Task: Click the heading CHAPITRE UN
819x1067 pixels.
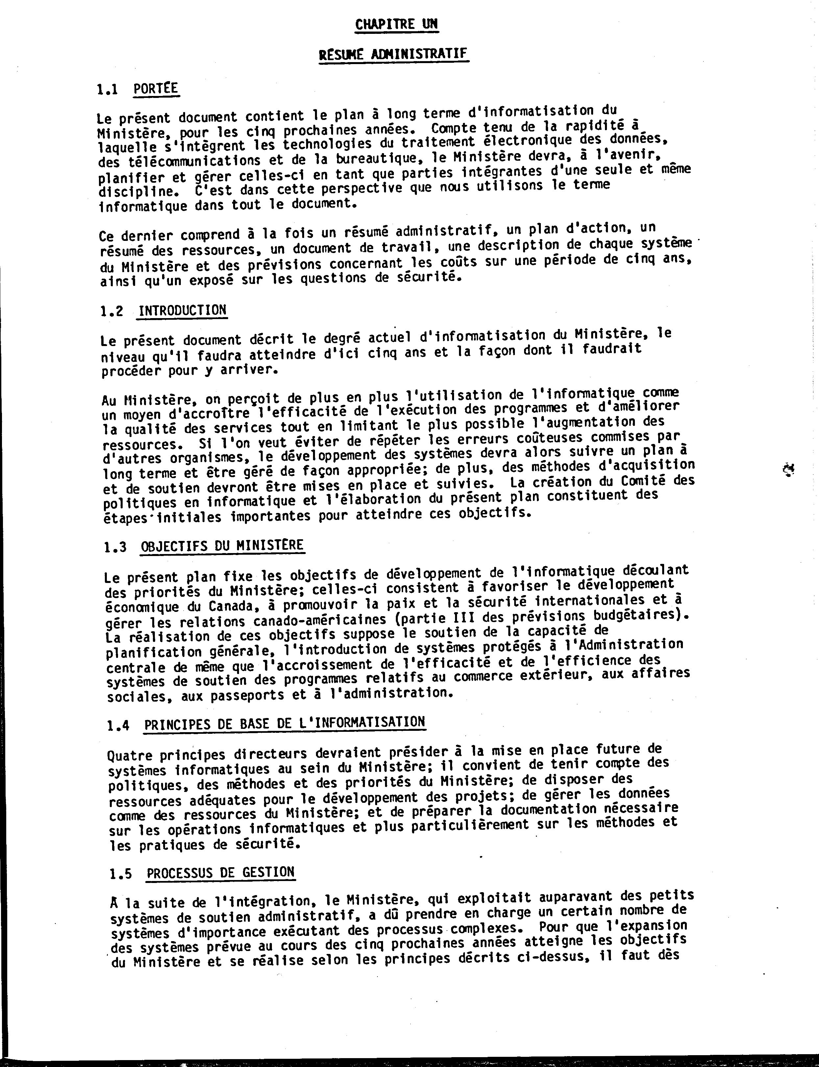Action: [396, 24]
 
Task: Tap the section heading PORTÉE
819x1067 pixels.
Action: [156, 89]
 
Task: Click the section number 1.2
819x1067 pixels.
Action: [112, 311]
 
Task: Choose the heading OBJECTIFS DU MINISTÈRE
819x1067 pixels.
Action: [222, 546]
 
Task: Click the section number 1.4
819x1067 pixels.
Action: [118, 726]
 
